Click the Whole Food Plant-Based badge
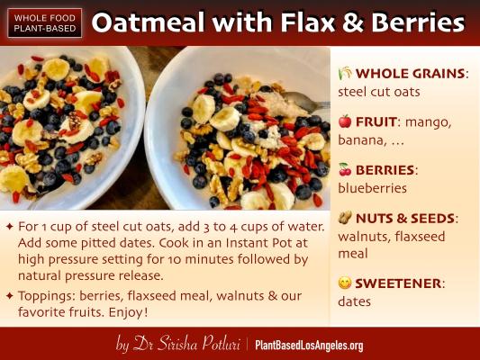pyautogui.click(x=45, y=22)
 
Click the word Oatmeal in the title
pyautogui.click(x=149, y=22)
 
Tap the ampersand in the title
pyautogui.click(x=352, y=22)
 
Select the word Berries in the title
pyautogui.click(x=418, y=22)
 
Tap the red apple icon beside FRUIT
pyautogui.click(x=345, y=121)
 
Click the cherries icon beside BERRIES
pyautogui.click(x=345, y=170)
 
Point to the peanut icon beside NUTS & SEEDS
pyautogui.click(x=345, y=218)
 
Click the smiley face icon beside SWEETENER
pyautogui.click(x=345, y=283)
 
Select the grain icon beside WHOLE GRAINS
pyautogui.click(x=345, y=73)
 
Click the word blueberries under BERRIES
pyautogui.click(x=372, y=188)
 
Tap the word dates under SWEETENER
pyautogui.click(x=354, y=301)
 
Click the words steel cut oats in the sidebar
pyautogui.click(x=379, y=92)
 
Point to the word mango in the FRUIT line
pyautogui.click(x=428, y=122)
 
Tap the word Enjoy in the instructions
pyautogui.click(x=128, y=312)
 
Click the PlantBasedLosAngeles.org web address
pyautogui.click(x=309, y=346)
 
